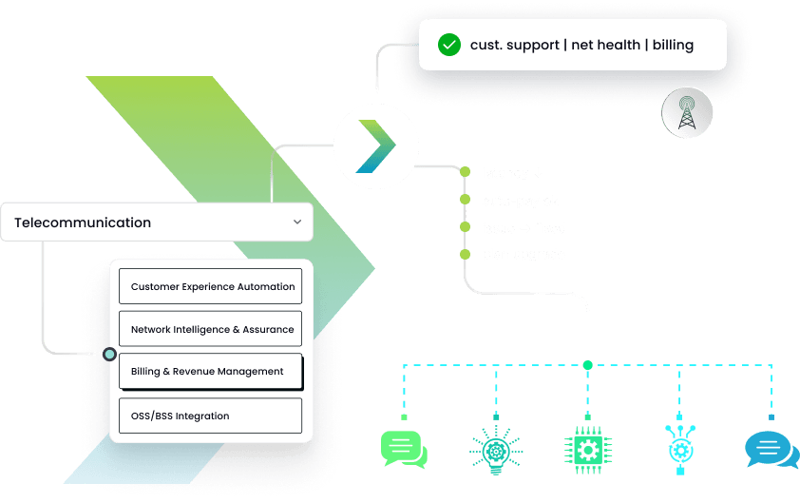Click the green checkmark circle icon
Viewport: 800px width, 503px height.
click(x=449, y=45)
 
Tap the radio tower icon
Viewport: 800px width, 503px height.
click(x=686, y=112)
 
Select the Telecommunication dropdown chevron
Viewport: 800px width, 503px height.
click(x=297, y=222)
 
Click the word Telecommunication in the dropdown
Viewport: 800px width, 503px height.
click(x=83, y=222)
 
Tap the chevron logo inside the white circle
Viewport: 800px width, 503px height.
click(x=376, y=146)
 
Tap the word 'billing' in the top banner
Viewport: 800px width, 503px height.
click(x=673, y=45)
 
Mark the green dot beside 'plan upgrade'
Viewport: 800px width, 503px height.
click(x=465, y=254)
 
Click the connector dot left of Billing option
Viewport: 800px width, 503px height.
click(x=109, y=355)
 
